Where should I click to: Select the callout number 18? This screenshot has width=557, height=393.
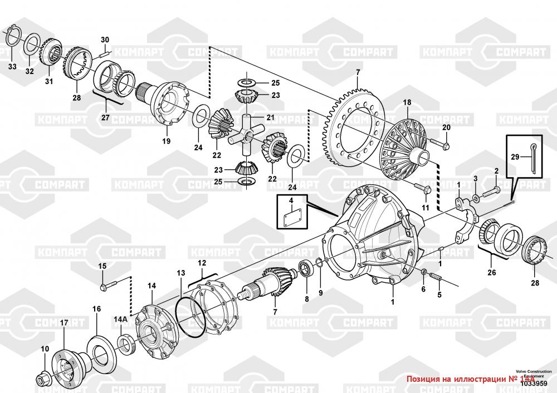tap(407, 102)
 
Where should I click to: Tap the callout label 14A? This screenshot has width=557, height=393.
tap(120, 319)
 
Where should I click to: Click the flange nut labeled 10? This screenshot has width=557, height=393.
tap(42, 380)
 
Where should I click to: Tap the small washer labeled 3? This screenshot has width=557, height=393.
tap(476, 199)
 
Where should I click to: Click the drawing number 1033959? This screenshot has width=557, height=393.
tap(533, 383)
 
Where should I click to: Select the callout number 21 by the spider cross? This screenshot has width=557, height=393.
tap(270, 117)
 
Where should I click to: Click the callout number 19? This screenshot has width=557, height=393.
tap(167, 141)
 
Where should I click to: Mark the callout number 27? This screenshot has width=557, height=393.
tap(106, 117)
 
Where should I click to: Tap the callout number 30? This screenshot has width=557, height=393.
tap(105, 40)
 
